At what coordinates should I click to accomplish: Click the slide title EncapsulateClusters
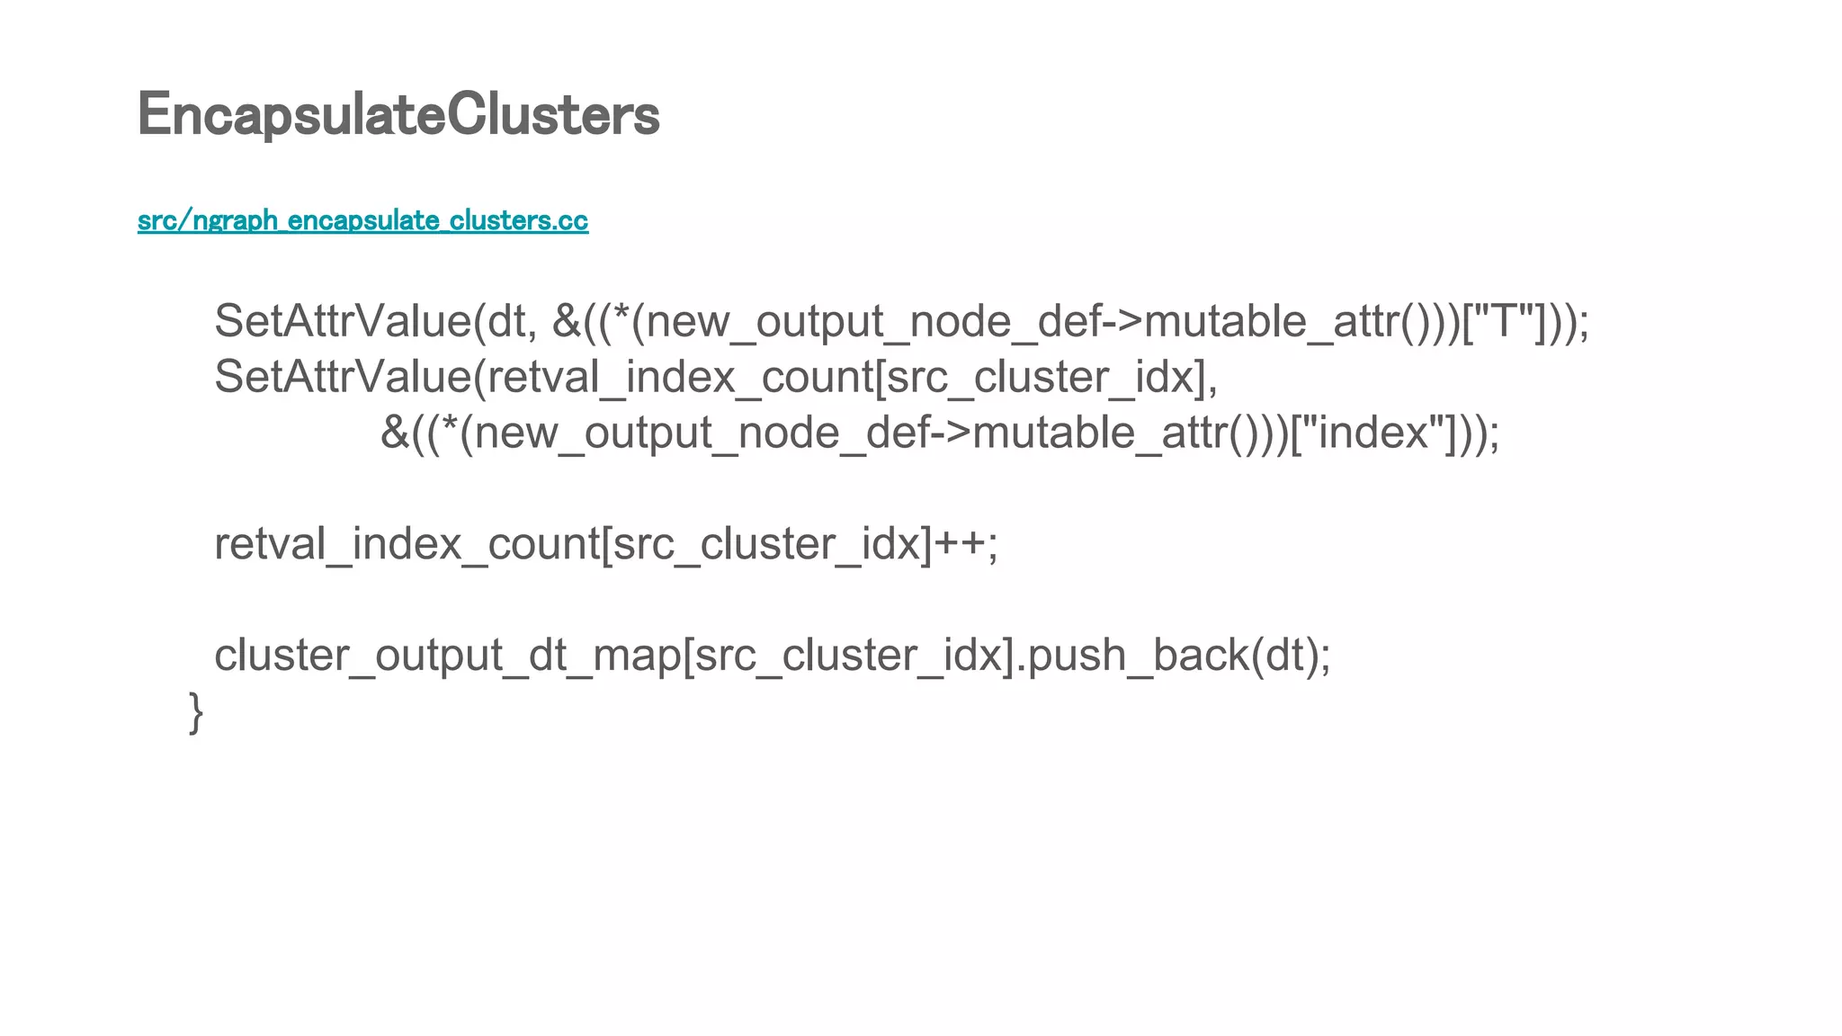(398, 115)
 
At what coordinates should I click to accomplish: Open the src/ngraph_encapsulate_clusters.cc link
(362, 220)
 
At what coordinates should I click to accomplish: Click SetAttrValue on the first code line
(343, 322)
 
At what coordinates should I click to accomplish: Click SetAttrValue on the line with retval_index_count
(343, 377)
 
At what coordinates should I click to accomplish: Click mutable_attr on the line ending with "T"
(1271, 322)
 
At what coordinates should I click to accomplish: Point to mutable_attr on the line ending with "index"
(1099, 433)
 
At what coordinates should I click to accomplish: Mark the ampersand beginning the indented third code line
(395, 433)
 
